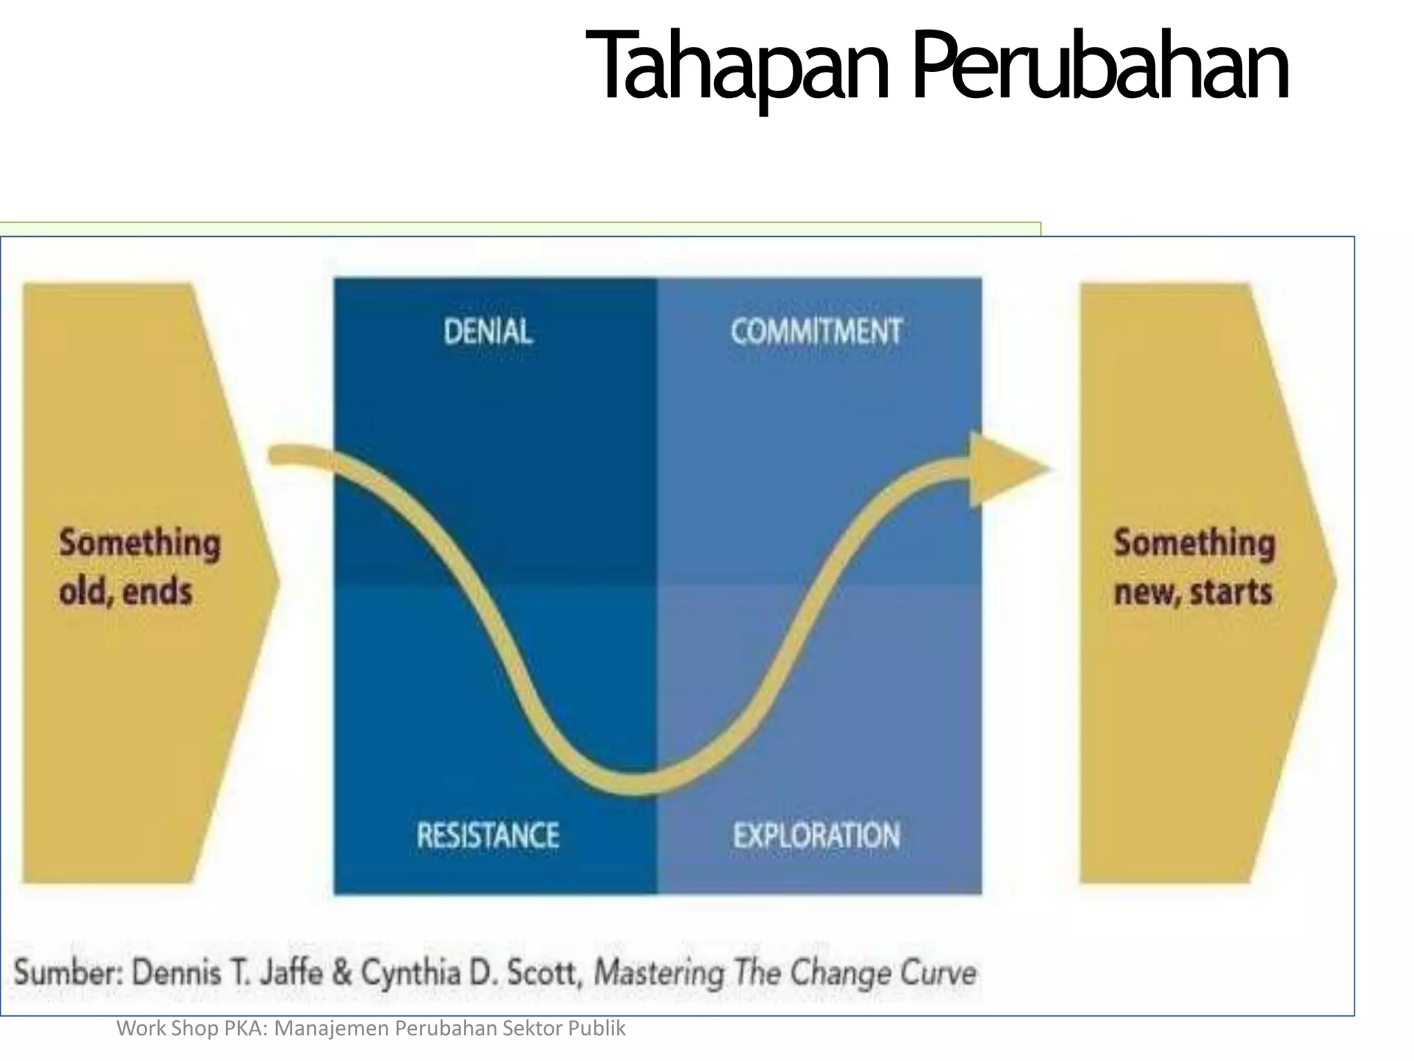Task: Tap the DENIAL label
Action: coord(487,332)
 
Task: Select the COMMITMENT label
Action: coord(816,332)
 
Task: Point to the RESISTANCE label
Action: coord(487,836)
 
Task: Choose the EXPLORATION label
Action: coord(816,836)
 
